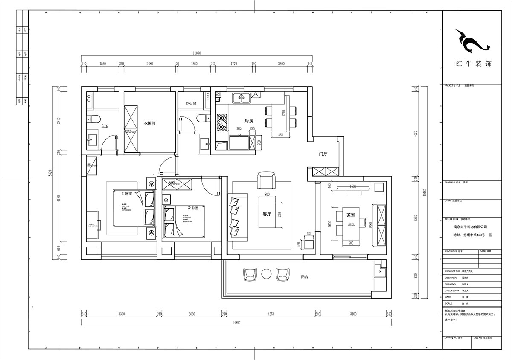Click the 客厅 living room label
[x=267, y=214]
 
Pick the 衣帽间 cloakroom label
[x=149, y=123]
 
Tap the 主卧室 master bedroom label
[x=127, y=194]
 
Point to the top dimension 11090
[x=197, y=53]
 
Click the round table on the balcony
[x=267, y=274]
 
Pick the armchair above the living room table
[x=267, y=181]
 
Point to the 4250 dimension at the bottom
[x=271, y=314]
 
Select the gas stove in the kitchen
[x=222, y=122]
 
